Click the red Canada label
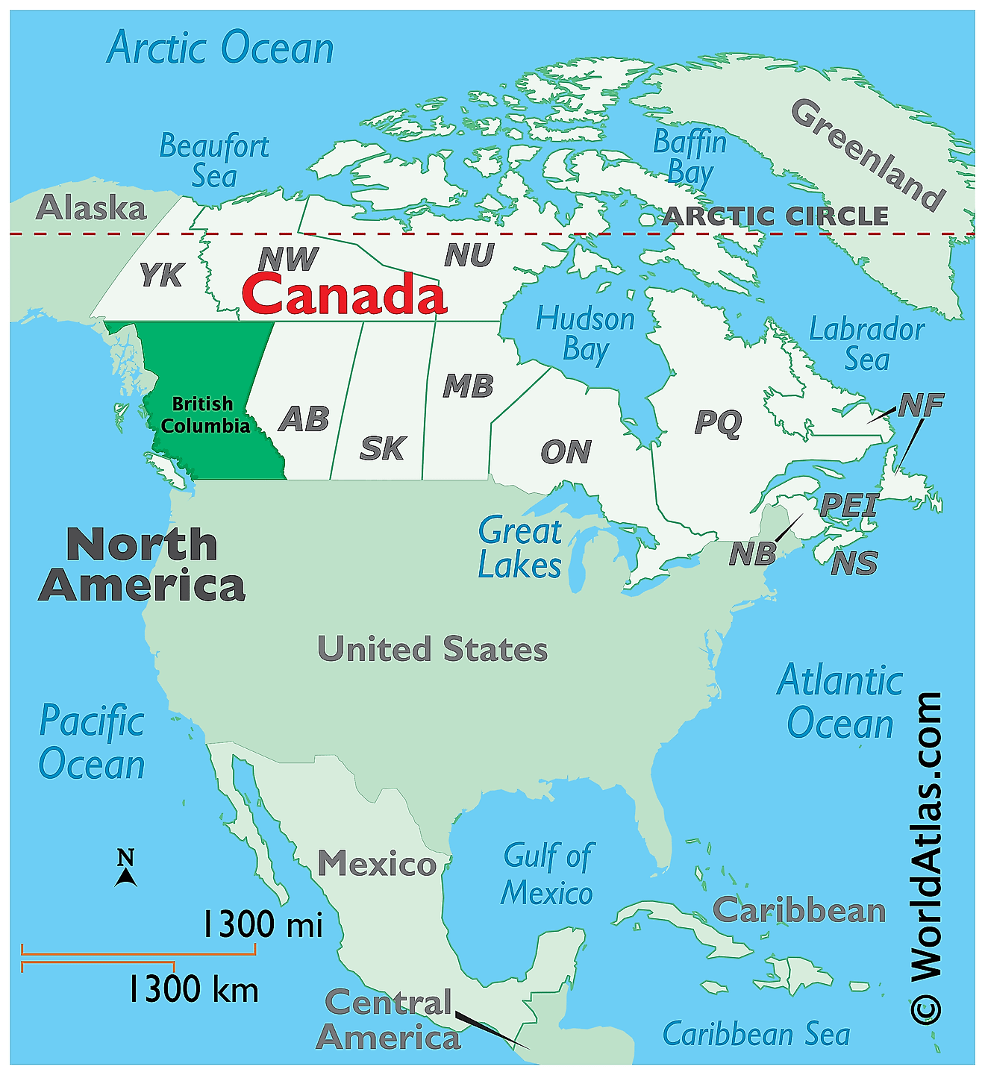point(344,293)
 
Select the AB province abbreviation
point(304,419)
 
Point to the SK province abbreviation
point(382,448)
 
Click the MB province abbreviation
point(468,386)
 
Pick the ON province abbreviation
point(566,452)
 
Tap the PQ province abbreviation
point(718,422)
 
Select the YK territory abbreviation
point(161,275)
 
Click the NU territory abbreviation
point(469,256)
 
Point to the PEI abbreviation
point(849,506)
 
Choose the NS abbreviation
point(854,563)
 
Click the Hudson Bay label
point(585,334)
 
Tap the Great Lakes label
point(520,548)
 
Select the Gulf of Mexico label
point(547,874)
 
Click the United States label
point(432,649)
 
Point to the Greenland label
point(868,154)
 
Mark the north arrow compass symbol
point(125,869)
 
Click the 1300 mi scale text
point(263,925)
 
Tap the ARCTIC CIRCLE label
point(775,216)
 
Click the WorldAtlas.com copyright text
point(926,858)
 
